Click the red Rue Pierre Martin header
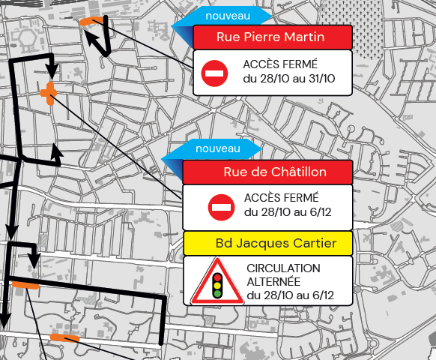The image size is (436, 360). click(x=272, y=37)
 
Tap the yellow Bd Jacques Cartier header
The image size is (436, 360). click(x=267, y=243)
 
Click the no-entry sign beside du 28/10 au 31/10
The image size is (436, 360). click(x=214, y=73)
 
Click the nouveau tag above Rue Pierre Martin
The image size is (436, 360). click(x=228, y=15)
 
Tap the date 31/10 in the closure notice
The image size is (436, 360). click(x=319, y=79)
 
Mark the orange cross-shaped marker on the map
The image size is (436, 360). click(x=49, y=93)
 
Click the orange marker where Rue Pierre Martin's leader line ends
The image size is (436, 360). click(x=91, y=21)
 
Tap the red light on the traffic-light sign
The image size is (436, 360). click(x=218, y=276)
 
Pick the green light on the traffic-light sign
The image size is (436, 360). click(x=218, y=293)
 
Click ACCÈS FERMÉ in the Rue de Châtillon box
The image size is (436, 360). click(x=281, y=198)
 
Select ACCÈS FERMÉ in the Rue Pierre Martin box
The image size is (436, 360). click(x=279, y=64)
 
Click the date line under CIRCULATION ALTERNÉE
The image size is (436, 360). click(x=289, y=295)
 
